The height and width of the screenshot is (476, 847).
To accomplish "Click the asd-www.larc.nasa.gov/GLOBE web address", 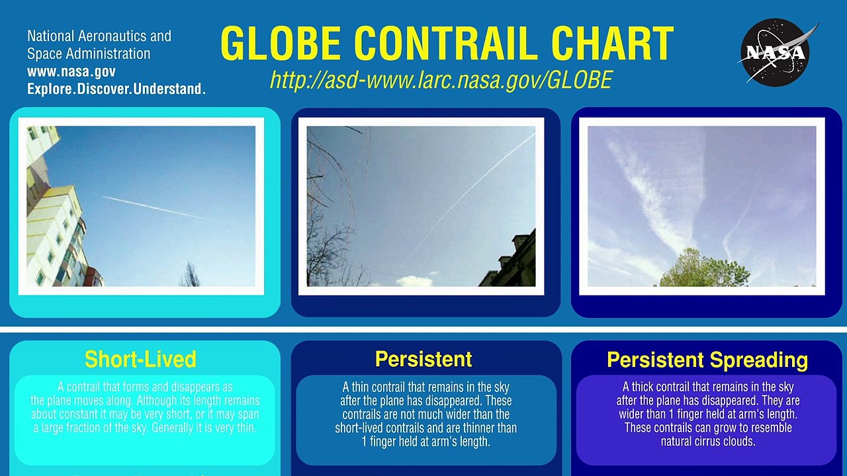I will click(441, 80).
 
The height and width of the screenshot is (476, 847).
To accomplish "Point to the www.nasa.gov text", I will click(71, 71).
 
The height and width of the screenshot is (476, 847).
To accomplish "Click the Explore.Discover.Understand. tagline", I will click(116, 89).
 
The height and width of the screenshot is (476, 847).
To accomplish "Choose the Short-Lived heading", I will click(140, 359).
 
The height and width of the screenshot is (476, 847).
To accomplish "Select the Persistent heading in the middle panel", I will click(423, 359).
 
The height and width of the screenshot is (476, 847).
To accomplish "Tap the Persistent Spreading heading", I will click(707, 360).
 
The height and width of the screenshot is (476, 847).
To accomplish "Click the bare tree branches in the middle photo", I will click(328, 198).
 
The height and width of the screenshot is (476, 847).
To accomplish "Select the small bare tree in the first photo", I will click(190, 274).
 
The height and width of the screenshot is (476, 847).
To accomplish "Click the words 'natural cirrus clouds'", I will click(707, 441).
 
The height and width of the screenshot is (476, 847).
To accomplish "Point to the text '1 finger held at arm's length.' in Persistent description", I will click(425, 442).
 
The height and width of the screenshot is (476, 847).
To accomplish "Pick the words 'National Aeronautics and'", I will click(99, 36).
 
